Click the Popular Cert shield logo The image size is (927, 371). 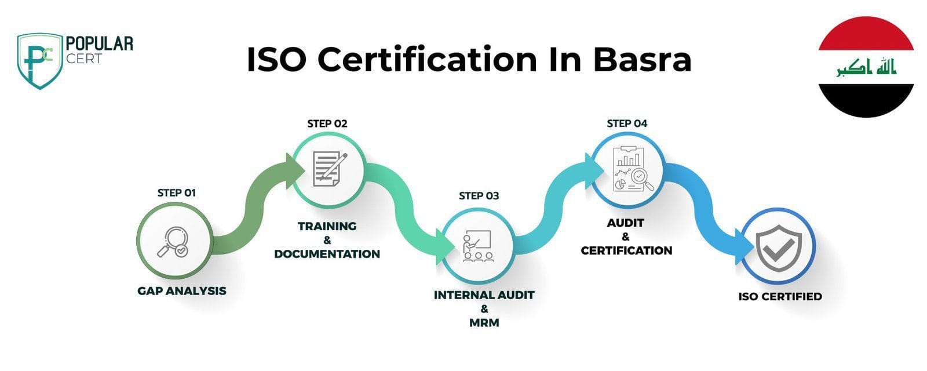[40, 61]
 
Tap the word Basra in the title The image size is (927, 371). [642, 60]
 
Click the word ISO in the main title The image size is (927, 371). [276, 60]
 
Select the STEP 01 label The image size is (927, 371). [176, 193]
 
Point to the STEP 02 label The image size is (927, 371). [327, 124]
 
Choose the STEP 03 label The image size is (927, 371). [479, 196]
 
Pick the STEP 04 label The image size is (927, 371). [627, 123]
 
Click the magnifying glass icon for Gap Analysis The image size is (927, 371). [173, 242]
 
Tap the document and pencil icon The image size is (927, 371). [330, 169]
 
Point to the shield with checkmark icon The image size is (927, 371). [779, 248]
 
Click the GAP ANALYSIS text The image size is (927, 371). [182, 291]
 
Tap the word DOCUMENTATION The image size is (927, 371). [327, 254]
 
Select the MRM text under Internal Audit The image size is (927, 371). [484, 322]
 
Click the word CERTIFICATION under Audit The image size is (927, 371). [626, 250]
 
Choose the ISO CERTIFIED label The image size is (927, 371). [780, 296]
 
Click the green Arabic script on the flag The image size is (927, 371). [866, 67]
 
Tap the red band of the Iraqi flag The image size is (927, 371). [866, 34]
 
